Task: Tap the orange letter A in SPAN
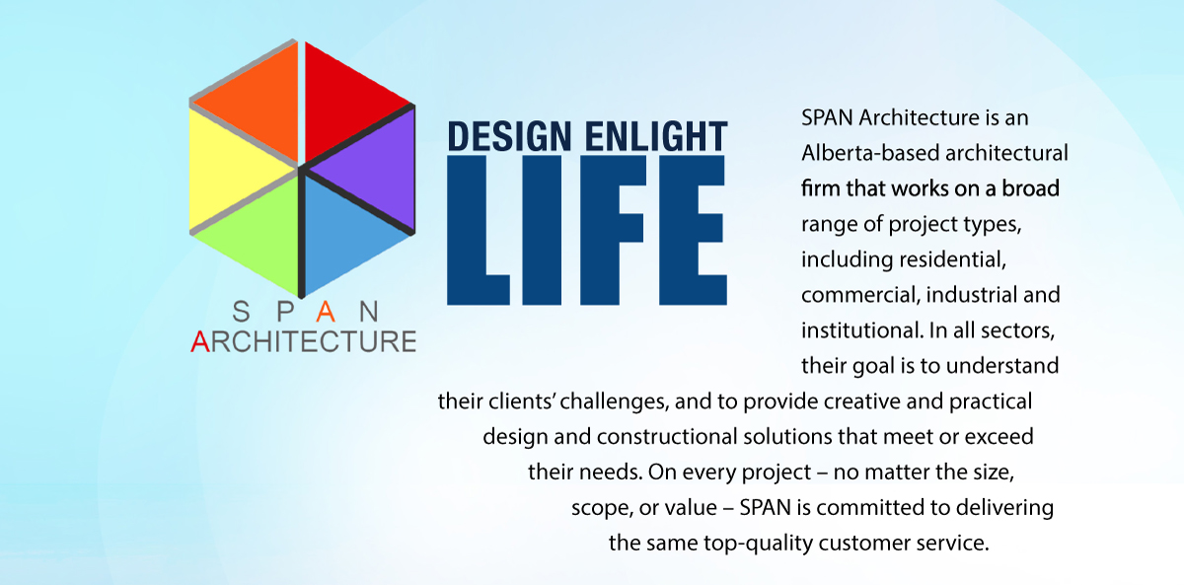tap(326, 312)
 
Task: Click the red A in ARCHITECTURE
tap(200, 341)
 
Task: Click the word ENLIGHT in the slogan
tap(656, 136)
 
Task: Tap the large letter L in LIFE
tap(479, 230)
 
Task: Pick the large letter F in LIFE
tap(613, 230)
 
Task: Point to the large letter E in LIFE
tap(693, 230)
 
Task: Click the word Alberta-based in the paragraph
tap(870, 153)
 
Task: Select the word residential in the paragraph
tap(952, 259)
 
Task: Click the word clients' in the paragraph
tap(521, 402)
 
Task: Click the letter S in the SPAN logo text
tap(241, 312)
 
